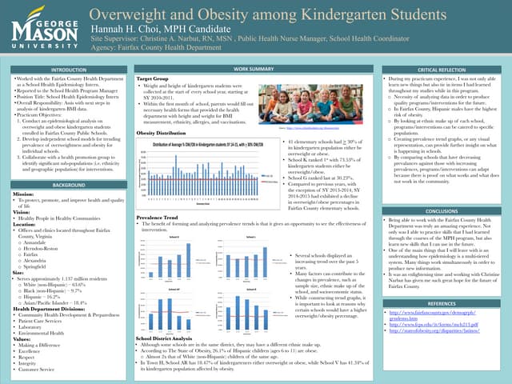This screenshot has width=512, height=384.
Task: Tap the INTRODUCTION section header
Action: coord(63,71)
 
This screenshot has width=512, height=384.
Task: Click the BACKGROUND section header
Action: coord(63,185)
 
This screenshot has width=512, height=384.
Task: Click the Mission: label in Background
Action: coord(24,194)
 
